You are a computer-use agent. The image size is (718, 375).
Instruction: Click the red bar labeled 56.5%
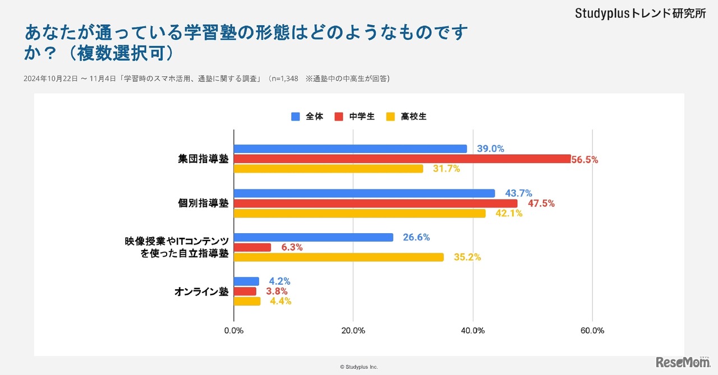pos(402,159)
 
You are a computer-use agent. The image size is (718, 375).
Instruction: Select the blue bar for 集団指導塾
pos(350,149)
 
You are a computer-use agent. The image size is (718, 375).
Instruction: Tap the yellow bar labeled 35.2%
pos(338,257)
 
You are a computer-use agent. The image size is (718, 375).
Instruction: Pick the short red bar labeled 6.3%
pos(252,247)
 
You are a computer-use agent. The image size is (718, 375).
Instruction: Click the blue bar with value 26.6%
pos(313,238)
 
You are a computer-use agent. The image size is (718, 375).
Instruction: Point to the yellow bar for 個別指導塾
pos(359,214)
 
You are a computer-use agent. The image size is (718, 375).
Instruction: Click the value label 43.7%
pos(518,193)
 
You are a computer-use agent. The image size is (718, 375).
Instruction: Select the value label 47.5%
pos(541,203)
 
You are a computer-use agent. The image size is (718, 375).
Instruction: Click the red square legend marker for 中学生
pos(339,117)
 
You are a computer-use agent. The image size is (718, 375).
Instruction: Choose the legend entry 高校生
pos(413,117)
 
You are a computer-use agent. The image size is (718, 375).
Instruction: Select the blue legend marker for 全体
pos(296,117)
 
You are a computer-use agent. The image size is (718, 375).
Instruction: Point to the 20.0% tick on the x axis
pos(353,331)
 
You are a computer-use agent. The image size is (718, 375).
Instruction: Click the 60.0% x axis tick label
pos(592,331)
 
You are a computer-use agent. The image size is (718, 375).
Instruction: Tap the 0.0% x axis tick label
pos(234,331)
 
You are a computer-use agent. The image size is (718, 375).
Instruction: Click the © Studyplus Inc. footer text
pos(359,367)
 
